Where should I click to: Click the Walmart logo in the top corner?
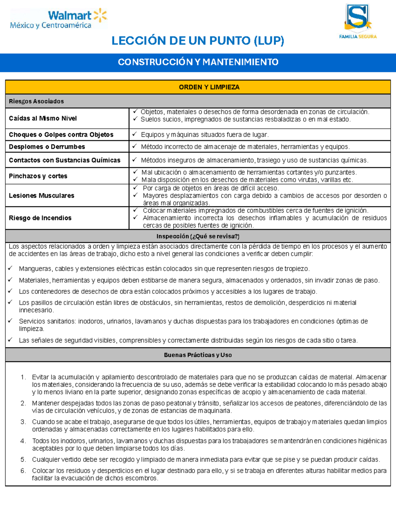59,19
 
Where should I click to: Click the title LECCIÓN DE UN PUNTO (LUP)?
198,41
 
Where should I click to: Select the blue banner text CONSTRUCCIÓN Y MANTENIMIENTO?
198,62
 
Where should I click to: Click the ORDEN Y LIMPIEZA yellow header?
209,87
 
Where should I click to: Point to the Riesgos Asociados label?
36,101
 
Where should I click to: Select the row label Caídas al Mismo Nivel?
43,118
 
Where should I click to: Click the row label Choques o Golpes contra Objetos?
61,135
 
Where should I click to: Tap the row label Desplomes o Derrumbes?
47,147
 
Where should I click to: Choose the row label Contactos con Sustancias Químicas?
65,160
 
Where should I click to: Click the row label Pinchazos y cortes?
38,176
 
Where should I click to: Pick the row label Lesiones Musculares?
42,196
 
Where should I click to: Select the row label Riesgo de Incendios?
40,218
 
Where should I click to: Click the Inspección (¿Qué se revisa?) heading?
198,236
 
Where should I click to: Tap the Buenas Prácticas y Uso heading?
198,355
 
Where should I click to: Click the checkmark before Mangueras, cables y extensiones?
10,268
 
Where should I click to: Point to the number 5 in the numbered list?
23,460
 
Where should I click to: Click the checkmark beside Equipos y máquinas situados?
134,134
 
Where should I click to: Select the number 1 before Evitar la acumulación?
23,377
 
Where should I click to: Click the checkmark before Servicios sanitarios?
10,321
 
